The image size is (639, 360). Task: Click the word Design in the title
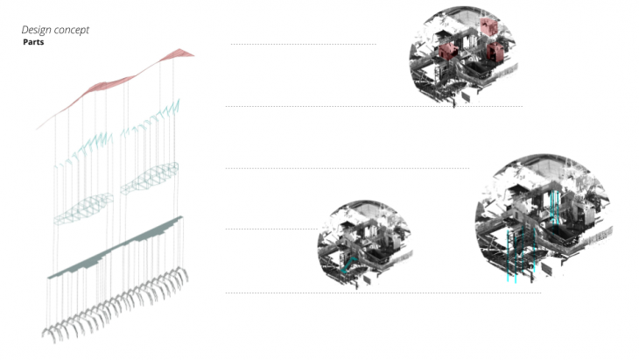pyautogui.click(x=36, y=30)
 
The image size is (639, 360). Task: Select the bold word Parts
pyautogui.click(x=33, y=42)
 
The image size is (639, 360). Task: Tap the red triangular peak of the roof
pyautogui.click(x=179, y=53)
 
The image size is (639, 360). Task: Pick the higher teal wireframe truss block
pyautogui.click(x=150, y=178)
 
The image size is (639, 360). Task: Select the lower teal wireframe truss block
pyautogui.click(x=83, y=208)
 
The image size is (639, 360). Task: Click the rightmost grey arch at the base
pyautogui.click(x=182, y=273)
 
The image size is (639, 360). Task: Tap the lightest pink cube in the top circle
pyautogui.click(x=488, y=26)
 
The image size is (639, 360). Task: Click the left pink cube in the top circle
pyautogui.click(x=448, y=51)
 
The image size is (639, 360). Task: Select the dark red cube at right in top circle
pyautogui.click(x=495, y=52)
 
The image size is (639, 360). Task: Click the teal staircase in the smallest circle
pyautogui.click(x=348, y=265)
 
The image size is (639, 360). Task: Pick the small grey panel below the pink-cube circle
pyautogui.click(x=466, y=96)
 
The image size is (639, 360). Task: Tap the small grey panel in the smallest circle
pyautogui.click(x=367, y=279)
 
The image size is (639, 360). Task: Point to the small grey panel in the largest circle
pyautogui.click(x=547, y=270)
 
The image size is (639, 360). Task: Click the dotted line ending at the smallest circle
pyautogui.click(x=272, y=229)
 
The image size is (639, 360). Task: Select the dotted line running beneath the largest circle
pyautogui.click(x=383, y=293)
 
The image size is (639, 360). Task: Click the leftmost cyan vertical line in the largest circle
pyautogui.click(x=508, y=256)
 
